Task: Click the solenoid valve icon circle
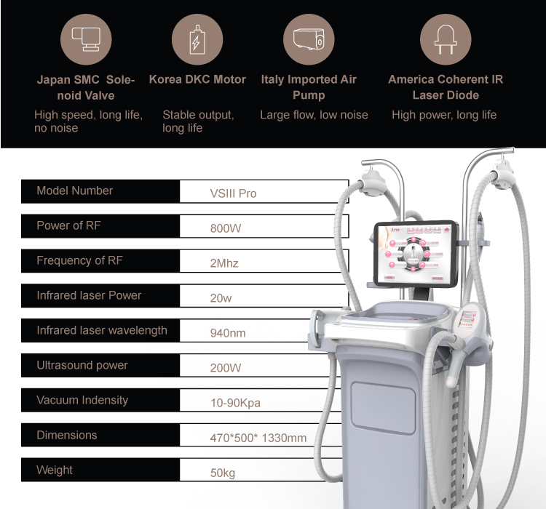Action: [x=86, y=39]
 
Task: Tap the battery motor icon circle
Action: [x=197, y=39]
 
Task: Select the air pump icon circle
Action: [x=309, y=39]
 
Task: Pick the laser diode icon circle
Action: [x=446, y=39]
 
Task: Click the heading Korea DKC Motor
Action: [x=197, y=79]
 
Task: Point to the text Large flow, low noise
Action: [x=314, y=115]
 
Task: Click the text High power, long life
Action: [x=444, y=115]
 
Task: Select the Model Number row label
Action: [x=74, y=191]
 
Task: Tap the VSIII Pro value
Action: [x=233, y=193]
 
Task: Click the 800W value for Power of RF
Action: [x=225, y=228]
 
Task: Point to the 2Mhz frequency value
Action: [x=224, y=263]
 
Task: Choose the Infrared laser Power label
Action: [x=89, y=295]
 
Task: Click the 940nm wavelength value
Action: [x=228, y=333]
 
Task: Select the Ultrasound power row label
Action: [x=82, y=365]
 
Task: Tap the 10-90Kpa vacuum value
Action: [x=235, y=403]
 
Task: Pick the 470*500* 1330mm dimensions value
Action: [x=258, y=438]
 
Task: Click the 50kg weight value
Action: [x=223, y=473]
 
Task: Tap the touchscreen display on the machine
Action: [x=416, y=254]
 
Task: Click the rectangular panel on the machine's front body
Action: [x=383, y=407]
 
